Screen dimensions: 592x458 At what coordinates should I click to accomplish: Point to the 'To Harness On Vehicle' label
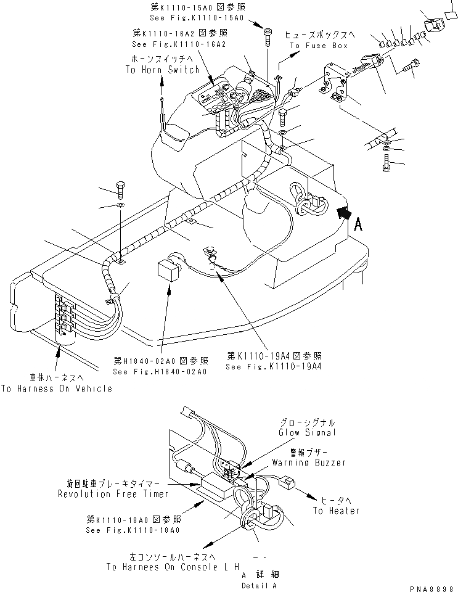pos(57,388)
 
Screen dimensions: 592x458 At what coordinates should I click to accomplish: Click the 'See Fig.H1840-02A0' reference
pos(160,372)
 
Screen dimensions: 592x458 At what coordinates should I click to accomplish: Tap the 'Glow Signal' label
pos(306,433)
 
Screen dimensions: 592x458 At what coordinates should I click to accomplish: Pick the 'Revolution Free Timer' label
pos(110,494)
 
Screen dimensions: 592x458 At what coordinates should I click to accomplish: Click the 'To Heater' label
pos(335,511)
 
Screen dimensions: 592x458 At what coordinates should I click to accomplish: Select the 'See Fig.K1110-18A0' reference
pos(133,530)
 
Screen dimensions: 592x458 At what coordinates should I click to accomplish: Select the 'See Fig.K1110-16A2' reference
pos(179,44)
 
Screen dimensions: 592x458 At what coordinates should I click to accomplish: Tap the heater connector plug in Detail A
pos(287,483)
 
